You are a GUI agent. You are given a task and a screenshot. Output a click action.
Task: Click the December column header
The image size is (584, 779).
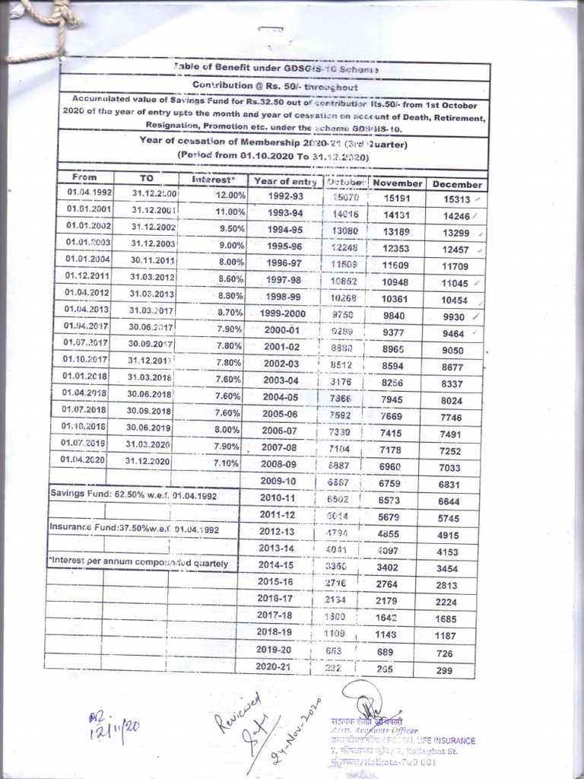point(457,184)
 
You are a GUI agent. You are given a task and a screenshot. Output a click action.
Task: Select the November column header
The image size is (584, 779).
point(397,183)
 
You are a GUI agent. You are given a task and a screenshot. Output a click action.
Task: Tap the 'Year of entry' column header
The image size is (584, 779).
point(285,181)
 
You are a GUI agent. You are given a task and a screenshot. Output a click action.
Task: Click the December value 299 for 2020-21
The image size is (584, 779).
point(445,671)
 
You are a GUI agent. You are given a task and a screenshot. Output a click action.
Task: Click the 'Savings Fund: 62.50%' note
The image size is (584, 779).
point(134,494)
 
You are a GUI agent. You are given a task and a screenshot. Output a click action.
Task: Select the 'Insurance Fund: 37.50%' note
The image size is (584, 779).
point(134,527)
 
